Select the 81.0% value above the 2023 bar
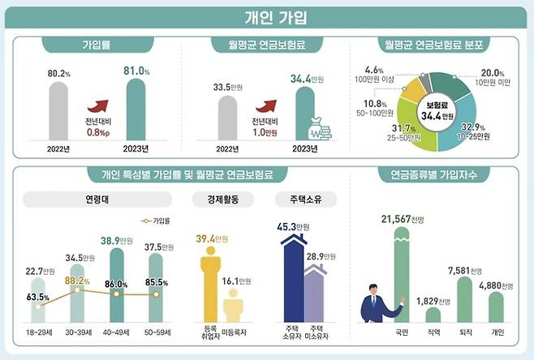[x=136, y=71]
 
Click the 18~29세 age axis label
[x=37, y=332]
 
